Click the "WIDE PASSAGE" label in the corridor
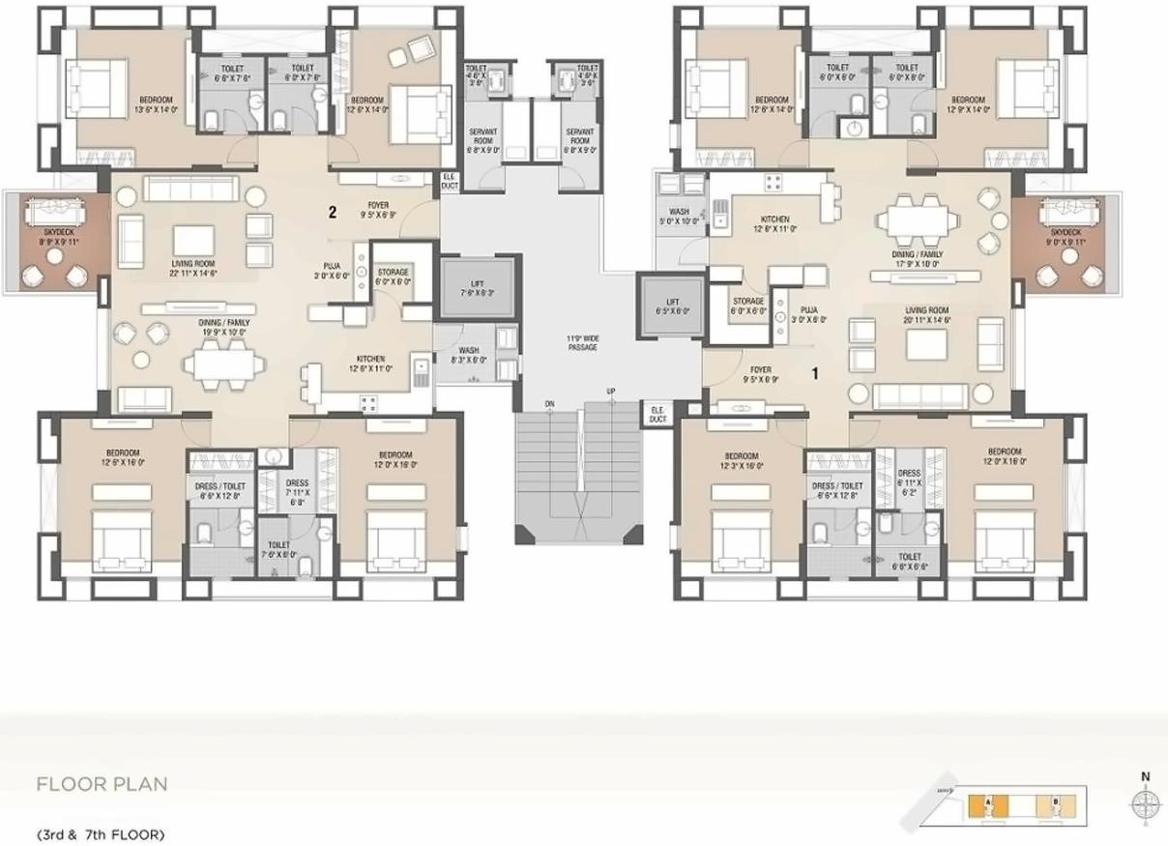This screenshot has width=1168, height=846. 582,342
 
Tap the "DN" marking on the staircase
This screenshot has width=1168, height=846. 549,403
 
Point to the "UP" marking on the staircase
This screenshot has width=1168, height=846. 611,392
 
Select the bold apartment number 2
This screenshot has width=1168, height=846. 332,213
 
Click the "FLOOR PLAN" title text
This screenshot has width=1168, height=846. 102,783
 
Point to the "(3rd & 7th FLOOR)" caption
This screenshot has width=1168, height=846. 101,833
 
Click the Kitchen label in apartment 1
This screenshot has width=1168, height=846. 775,223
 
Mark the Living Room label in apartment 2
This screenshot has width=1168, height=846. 193,268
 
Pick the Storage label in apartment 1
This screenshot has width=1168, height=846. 747,306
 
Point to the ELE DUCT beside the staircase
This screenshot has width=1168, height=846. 657,413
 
